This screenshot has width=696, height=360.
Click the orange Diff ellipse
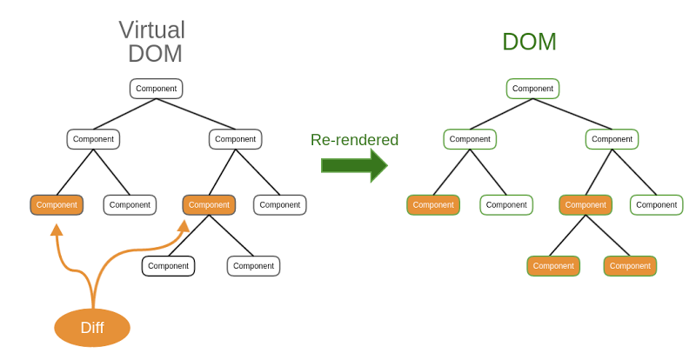(92, 328)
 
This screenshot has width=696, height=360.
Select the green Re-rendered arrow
(353, 165)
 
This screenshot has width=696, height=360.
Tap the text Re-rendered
(354, 140)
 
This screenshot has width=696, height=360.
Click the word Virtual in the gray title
(152, 30)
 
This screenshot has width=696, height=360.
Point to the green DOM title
(529, 42)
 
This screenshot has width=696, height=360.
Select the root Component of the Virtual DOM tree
(156, 89)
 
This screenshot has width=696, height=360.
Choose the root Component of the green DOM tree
(532, 89)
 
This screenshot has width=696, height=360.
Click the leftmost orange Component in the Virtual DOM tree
(57, 205)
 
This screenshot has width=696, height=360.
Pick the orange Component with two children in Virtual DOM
(209, 205)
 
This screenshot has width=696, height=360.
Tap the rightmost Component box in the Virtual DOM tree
(279, 205)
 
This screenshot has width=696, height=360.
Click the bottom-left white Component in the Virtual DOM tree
(168, 266)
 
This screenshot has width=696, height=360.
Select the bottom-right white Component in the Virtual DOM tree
(253, 266)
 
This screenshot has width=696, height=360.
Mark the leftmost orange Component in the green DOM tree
(433, 205)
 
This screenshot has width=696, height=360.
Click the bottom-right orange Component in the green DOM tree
(630, 266)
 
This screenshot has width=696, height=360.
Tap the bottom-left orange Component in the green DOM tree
(553, 266)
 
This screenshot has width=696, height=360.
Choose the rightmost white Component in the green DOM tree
(656, 205)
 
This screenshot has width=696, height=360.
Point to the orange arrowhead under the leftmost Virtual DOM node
(57, 230)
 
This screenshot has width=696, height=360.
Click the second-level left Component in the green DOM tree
(470, 139)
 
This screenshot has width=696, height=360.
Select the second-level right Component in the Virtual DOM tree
(235, 139)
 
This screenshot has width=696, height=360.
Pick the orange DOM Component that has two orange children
(586, 205)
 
